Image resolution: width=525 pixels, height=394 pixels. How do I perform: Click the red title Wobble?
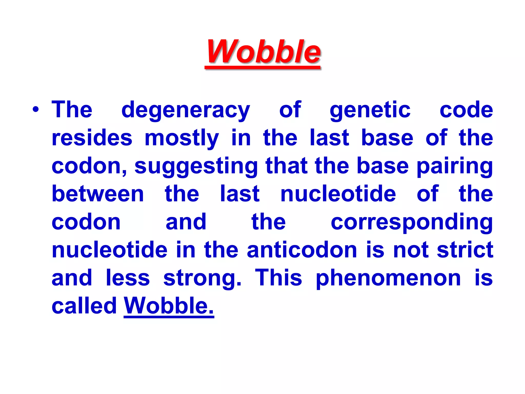coord(263,52)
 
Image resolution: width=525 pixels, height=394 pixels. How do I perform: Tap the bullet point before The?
coord(36,110)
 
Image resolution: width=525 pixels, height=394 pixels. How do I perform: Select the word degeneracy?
coord(186,110)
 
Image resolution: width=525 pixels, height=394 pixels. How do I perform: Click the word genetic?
coord(370,110)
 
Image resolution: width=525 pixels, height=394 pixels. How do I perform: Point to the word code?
coord(466,110)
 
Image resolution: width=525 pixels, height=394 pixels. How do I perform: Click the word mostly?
coord(181,139)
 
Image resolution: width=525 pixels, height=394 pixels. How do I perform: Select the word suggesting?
coord(196,167)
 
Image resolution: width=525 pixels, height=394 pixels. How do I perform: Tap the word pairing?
coord(455,167)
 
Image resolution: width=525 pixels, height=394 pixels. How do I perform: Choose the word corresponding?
coord(412,222)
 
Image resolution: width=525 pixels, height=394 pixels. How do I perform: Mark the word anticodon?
coord(302,250)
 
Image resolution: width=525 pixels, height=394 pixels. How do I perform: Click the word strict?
coord(465,250)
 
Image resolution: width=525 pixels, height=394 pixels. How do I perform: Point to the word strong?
coord(202,279)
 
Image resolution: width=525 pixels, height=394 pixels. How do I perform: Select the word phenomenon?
coord(388,279)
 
